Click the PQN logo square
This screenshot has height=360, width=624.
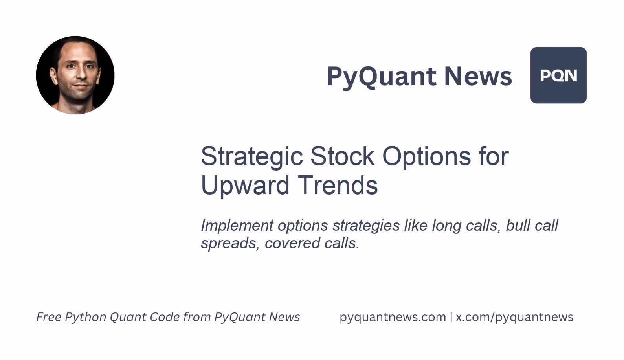(x=558, y=75)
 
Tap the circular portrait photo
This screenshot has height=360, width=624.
(x=75, y=75)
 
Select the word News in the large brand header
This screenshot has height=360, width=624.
(x=478, y=76)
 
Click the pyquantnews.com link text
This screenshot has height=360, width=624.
(x=393, y=317)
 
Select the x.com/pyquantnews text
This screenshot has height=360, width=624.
(x=514, y=317)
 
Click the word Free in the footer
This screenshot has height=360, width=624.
(x=49, y=317)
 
